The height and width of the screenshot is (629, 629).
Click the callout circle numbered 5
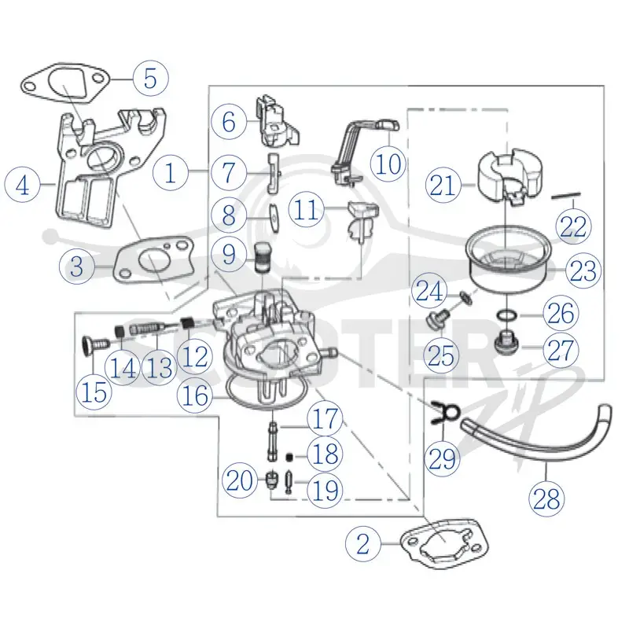point(150,78)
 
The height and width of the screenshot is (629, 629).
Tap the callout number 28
point(546,500)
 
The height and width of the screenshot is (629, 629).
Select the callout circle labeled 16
point(195,395)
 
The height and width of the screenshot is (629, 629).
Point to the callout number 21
point(443,186)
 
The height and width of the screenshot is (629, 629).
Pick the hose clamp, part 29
point(445,412)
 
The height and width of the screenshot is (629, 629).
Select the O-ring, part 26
point(507,315)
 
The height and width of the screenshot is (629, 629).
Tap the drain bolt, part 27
point(506,342)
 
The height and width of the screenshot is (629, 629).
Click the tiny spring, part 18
point(289,457)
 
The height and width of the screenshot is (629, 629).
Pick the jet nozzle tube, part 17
point(272,440)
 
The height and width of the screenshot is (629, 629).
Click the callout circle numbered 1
point(171,173)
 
